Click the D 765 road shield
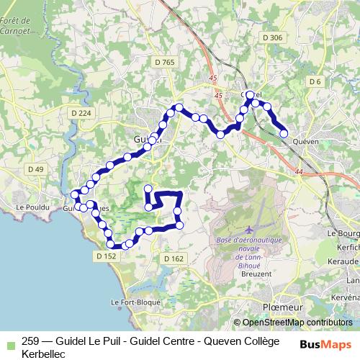pyautogui.click(x=165, y=63)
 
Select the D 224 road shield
pyautogui.click(x=82, y=112)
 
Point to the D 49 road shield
pyautogui.click(x=35, y=169)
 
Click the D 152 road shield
pyautogui.click(x=105, y=256)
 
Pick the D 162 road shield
pyautogui.click(x=174, y=258)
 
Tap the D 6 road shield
pyautogui.click(x=314, y=81)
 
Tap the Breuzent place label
pyautogui.click(x=256, y=274)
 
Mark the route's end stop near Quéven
pyautogui.click(x=284, y=132)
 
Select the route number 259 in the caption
pyautogui.click(x=31, y=342)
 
